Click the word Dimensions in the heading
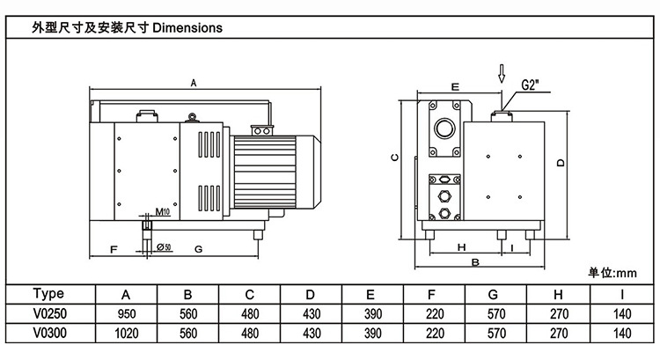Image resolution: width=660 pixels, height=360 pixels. tap(187, 27)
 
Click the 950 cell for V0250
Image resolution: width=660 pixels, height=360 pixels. tap(127, 312)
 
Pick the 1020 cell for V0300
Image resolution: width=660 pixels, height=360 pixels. tap(127, 334)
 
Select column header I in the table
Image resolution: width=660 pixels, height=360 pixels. tap(622, 293)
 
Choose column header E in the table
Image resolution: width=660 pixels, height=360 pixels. tap(372, 293)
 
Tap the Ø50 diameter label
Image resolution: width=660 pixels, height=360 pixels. tap(163, 246)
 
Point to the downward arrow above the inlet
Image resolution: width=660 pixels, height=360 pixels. tap(502, 73)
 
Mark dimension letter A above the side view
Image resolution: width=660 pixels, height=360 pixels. tap(194, 83)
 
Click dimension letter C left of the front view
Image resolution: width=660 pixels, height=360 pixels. tap(395, 158)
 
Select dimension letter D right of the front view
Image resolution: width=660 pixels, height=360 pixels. tap(560, 161)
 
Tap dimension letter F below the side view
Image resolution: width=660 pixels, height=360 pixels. tap(114, 249)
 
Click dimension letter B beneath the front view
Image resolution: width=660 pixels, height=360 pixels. tap(475, 262)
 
